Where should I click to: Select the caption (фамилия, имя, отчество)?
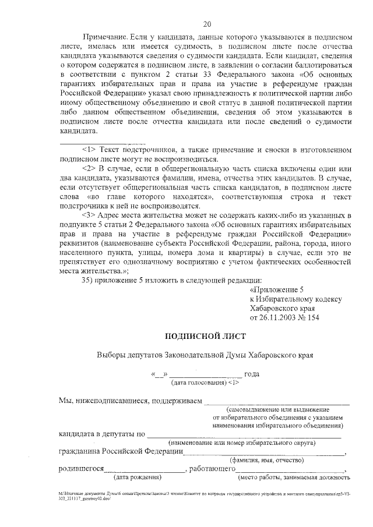(x=265, y=460)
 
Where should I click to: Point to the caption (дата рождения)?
(x=138, y=478)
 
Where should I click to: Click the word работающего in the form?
(x=212, y=469)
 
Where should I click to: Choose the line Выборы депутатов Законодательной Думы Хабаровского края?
(x=206, y=355)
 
